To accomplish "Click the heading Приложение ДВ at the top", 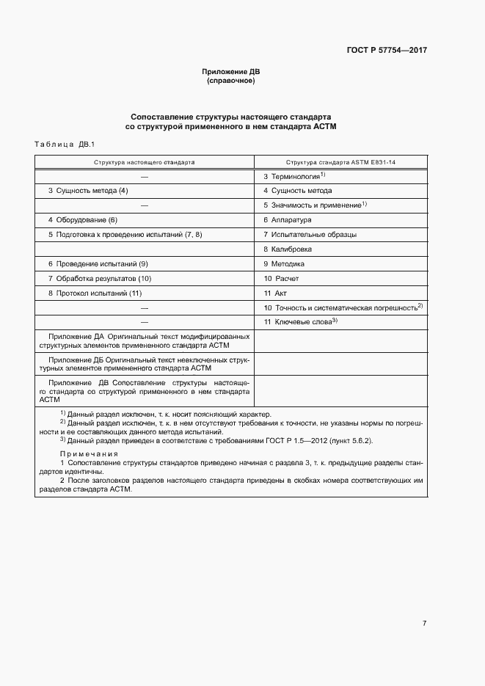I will pos(231,72).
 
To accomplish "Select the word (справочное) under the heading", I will pos(231,81).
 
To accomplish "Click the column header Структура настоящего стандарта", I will pos(144,161).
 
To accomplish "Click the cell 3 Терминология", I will pos(293,177).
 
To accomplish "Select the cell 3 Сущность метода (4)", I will pos(88,191).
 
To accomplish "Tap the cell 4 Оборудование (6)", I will pos(83,220).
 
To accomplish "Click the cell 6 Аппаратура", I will pos(288,220).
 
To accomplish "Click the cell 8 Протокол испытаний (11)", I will pos(95,293).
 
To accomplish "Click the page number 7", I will pos(424,624).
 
